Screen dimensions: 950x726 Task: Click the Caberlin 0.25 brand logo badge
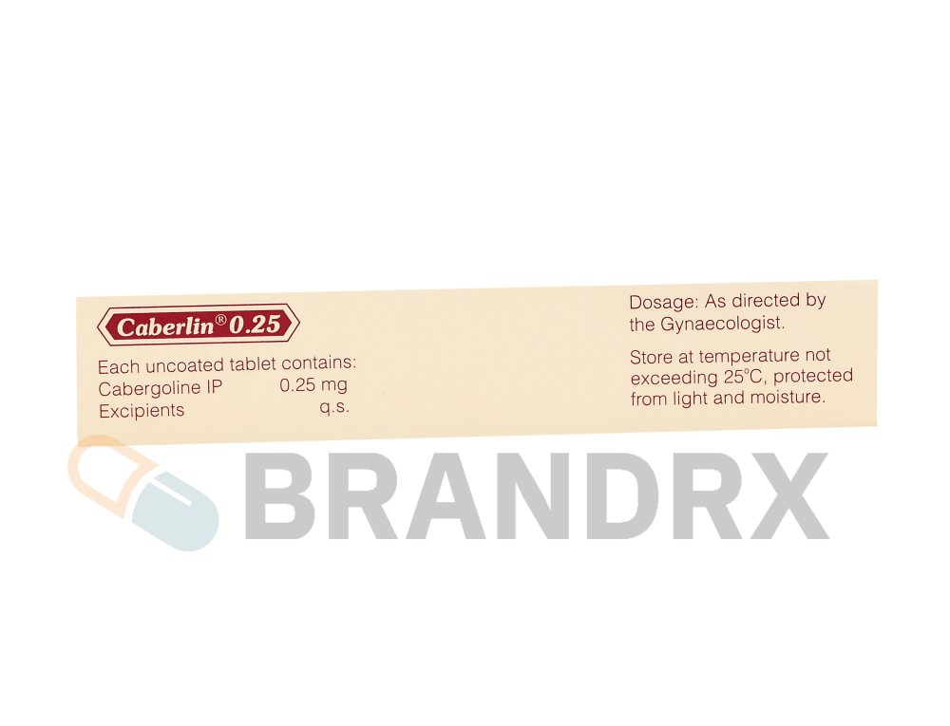199,325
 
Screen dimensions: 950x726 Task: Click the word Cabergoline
150,388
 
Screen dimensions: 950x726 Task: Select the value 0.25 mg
313,384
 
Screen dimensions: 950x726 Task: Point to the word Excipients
142,411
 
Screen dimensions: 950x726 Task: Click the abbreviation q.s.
334,407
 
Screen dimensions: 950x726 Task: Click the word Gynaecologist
722,325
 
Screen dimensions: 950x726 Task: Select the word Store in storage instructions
652,358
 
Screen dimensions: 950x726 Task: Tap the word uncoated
184,365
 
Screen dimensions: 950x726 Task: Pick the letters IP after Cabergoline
215,387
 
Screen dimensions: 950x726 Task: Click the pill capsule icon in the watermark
143,493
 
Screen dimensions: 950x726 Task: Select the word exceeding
674,379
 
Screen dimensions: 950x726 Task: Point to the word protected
813,376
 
